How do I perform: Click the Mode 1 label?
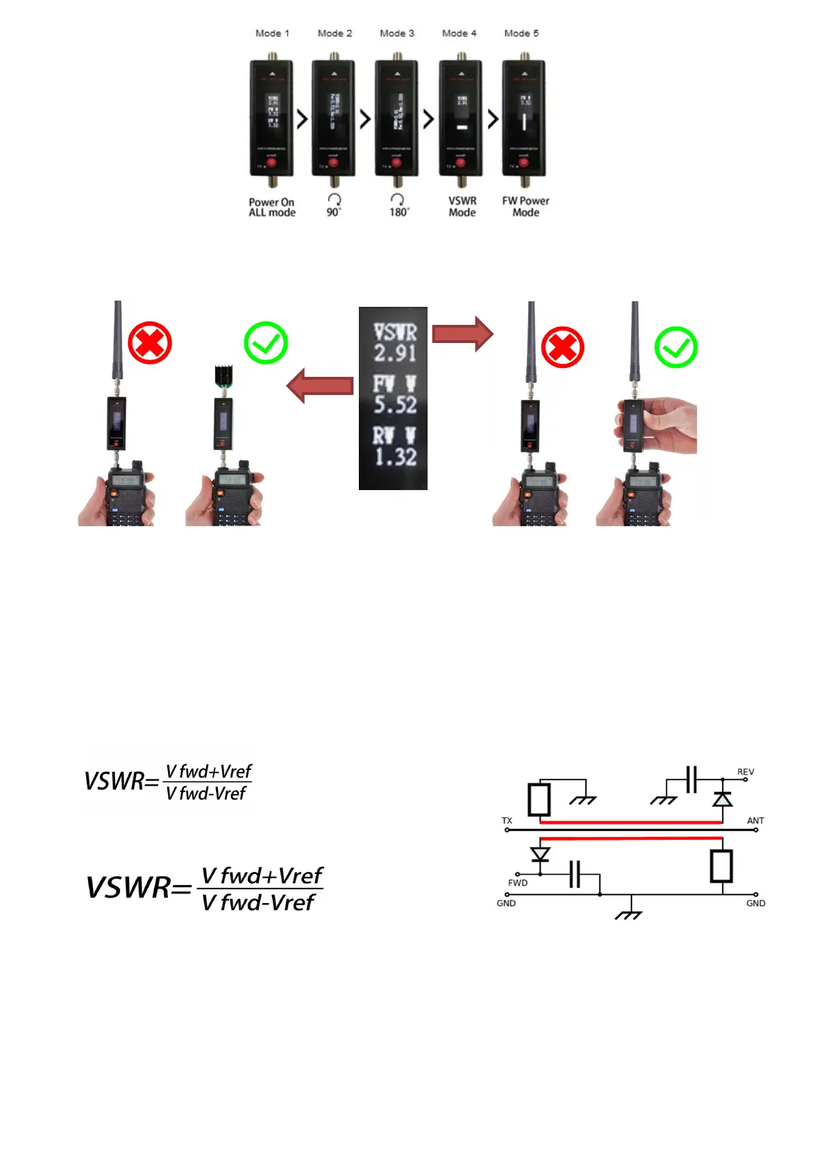click(x=272, y=33)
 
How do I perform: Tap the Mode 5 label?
click(x=521, y=33)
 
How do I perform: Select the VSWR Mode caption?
click(x=462, y=207)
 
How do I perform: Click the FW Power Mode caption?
click(x=525, y=207)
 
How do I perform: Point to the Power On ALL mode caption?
click(x=272, y=208)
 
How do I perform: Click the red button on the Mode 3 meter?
click(x=396, y=163)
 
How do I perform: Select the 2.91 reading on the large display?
click(x=395, y=353)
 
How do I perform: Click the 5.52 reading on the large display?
click(x=395, y=405)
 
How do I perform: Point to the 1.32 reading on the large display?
click(x=395, y=457)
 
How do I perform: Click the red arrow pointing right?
click(x=462, y=334)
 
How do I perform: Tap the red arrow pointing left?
click(x=321, y=386)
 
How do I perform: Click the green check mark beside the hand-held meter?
click(x=675, y=347)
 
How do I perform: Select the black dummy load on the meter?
click(x=224, y=376)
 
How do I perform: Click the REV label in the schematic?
click(x=745, y=772)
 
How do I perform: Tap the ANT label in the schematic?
click(x=755, y=821)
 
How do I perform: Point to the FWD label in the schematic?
click(x=518, y=883)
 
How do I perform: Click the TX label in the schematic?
click(x=507, y=821)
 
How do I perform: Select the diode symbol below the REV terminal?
click(x=723, y=800)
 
